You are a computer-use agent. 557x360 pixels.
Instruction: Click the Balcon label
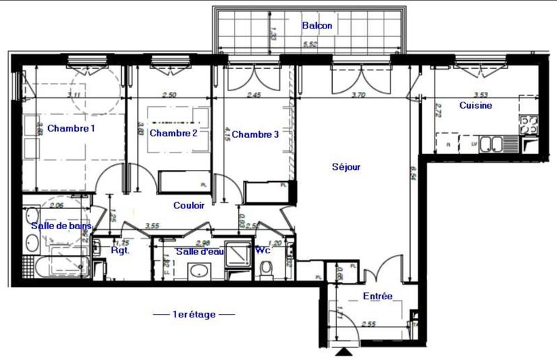tap(317, 26)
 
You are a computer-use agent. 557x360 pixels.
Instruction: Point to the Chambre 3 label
tap(255, 134)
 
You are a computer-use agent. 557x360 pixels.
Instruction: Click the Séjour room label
tap(345, 167)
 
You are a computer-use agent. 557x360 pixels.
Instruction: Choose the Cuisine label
tap(476, 106)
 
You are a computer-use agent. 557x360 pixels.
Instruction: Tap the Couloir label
tap(188, 205)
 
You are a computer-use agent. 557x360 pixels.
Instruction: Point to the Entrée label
tap(377, 297)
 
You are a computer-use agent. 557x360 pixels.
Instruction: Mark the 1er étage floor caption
tap(194, 315)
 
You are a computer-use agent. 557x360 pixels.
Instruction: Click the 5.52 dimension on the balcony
tap(310, 45)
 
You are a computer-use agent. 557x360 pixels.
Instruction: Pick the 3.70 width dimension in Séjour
tap(359, 95)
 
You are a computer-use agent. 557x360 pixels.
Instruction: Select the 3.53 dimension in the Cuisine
tap(479, 95)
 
